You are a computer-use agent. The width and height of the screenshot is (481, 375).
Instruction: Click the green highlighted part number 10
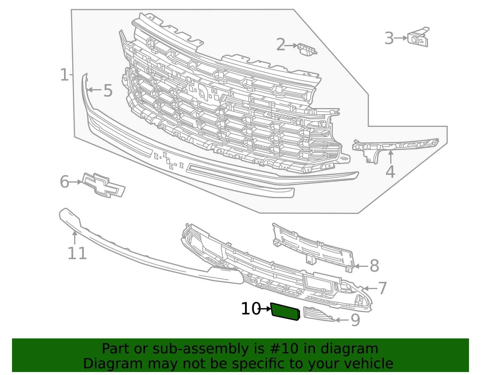[285, 312]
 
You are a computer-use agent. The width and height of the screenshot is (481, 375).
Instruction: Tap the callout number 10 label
[251, 309]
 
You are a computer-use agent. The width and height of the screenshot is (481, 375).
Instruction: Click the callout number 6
[64, 182]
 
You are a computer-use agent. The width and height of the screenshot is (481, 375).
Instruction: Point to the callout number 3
[389, 38]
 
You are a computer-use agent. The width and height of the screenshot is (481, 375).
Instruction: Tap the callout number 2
[280, 45]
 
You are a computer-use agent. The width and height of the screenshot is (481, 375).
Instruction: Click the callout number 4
[390, 172]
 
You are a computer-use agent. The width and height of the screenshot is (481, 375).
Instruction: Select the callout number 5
[108, 91]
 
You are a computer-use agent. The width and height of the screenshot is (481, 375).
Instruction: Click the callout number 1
[64, 75]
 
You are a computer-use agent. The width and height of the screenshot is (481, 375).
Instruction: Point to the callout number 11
[77, 253]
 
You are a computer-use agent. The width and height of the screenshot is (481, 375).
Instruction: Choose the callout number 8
[374, 266]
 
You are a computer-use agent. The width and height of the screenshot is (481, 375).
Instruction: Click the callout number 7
[382, 288]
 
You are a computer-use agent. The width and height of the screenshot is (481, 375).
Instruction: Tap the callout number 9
[355, 320]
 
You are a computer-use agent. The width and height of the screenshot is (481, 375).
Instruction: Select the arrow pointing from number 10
[266, 309]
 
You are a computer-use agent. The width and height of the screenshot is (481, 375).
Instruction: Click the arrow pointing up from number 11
[75, 237]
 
